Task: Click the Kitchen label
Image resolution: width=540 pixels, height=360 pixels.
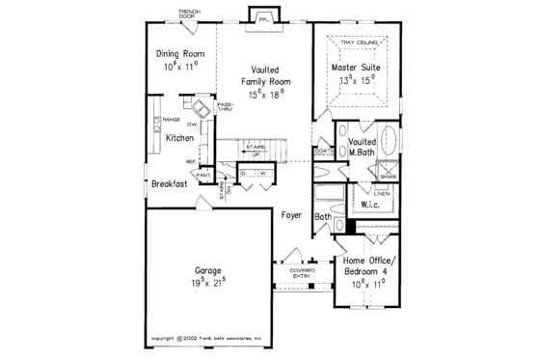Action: (x=179, y=138)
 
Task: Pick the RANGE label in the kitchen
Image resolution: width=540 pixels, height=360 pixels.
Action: (x=173, y=119)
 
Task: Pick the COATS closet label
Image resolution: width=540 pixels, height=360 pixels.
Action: (x=321, y=151)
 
